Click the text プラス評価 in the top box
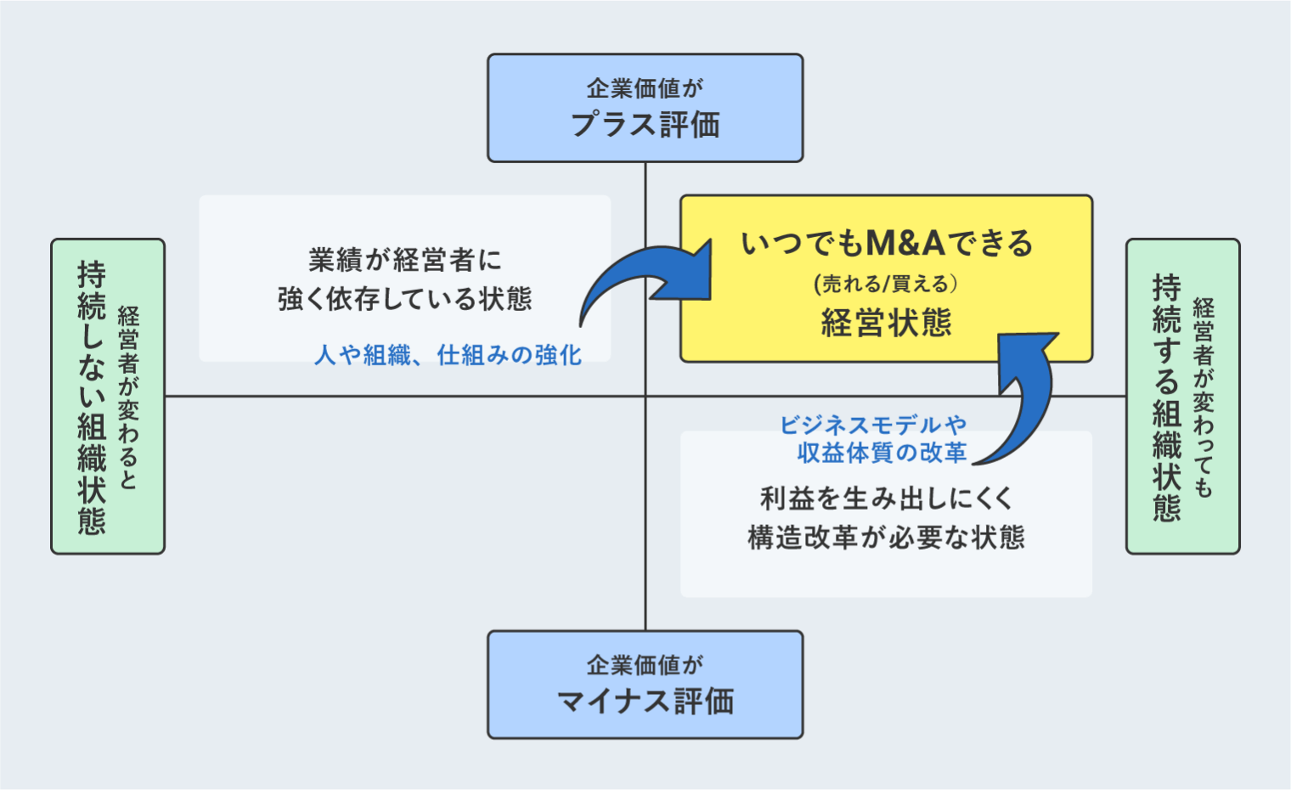[x=645, y=125]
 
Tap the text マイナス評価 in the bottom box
[x=645, y=702]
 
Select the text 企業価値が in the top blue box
[x=645, y=87]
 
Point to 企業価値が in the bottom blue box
[x=645, y=664]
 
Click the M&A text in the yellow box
[x=905, y=244]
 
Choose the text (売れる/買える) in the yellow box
[x=886, y=284]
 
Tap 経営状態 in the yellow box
[x=886, y=323]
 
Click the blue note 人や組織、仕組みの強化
[x=448, y=355]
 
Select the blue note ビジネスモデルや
[x=873, y=425]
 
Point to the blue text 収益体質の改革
[x=882, y=453]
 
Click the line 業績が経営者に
[x=405, y=260]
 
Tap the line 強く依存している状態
[x=405, y=299]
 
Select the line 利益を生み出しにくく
[x=886, y=499]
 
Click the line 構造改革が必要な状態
[x=886, y=538]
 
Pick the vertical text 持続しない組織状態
[x=92, y=397]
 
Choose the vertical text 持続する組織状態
[x=1167, y=397]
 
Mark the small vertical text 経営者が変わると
[x=128, y=397]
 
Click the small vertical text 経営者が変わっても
[x=1204, y=397]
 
